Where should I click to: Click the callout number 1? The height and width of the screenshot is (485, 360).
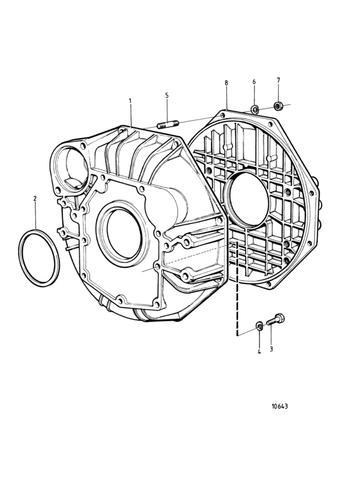pyautogui.click(x=130, y=101)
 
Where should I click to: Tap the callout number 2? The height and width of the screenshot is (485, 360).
pyautogui.click(x=35, y=198)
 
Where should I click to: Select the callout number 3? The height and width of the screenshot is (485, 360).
pyautogui.click(x=271, y=349)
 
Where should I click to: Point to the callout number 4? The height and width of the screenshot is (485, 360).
pyautogui.click(x=259, y=351)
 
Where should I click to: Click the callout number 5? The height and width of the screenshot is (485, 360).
pyautogui.click(x=167, y=95)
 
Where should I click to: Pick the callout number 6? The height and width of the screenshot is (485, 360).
pyautogui.click(x=254, y=82)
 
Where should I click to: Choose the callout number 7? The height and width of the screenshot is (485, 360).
pyautogui.click(x=278, y=80)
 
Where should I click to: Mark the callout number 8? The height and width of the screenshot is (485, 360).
pyautogui.click(x=226, y=83)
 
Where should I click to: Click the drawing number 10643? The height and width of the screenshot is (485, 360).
pyautogui.click(x=280, y=406)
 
